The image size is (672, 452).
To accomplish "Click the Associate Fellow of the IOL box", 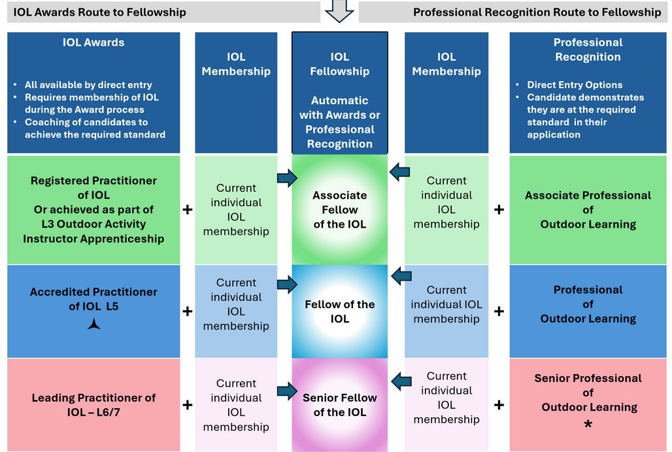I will click(x=339, y=209).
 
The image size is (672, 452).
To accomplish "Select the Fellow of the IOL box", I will click(x=339, y=311).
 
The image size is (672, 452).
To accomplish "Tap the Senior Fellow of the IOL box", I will click(x=339, y=405).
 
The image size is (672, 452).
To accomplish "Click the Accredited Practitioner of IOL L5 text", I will click(x=93, y=299).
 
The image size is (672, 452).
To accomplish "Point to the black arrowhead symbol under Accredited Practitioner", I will click(x=94, y=323).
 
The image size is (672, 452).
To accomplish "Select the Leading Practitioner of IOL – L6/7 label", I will click(x=93, y=405).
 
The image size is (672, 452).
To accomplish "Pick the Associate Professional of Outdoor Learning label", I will click(x=588, y=209).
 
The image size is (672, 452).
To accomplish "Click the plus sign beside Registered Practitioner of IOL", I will click(x=188, y=209).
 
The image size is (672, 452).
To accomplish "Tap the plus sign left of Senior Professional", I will click(x=499, y=405).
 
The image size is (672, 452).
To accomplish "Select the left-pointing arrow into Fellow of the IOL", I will click(x=401, y=276).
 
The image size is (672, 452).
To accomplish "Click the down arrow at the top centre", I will click(x=339, y=10).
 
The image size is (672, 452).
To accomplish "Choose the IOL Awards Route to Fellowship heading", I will click(x=99, y=12).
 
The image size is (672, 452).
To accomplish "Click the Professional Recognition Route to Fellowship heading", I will click(x=537, y=12).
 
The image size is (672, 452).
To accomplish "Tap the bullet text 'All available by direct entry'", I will click(x=88, y=85).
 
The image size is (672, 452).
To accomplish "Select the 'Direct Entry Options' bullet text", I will click(x=575, y=85).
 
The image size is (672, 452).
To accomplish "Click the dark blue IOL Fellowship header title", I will click(x=340, y=64).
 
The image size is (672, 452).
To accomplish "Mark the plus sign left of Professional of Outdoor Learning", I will click(x=499, y=311).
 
